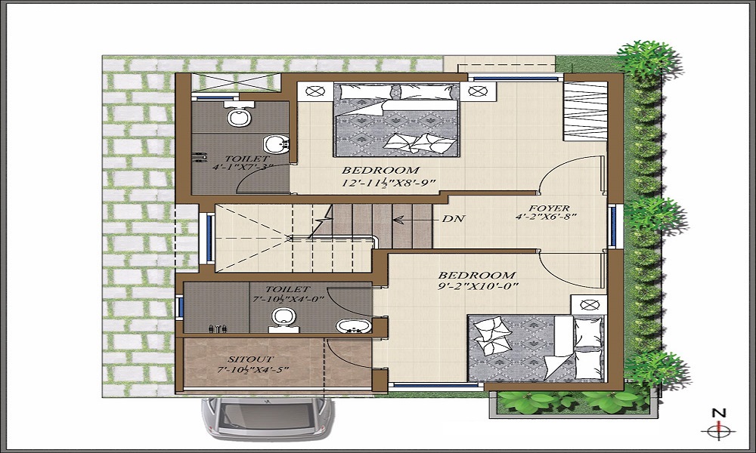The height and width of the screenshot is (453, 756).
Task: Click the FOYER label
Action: coord(550,208)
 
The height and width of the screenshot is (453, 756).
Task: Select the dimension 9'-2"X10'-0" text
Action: coord(478,288)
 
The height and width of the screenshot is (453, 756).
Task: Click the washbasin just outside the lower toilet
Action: coord(352,326)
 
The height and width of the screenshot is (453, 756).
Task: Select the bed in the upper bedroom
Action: coord(397,119)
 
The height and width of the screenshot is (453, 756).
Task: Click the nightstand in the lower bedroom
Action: coord(589,305)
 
